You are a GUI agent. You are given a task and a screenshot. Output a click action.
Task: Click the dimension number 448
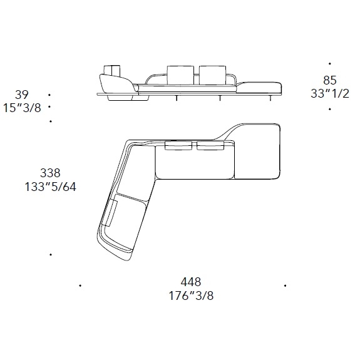click(191, 282)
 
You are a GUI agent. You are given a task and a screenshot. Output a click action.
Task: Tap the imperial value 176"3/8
click(191, 296)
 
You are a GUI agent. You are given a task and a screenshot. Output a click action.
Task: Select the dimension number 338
click(50, 173)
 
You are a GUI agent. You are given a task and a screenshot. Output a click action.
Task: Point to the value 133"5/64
click(50, 187)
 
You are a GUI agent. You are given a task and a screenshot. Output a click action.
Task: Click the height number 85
click(330, 80)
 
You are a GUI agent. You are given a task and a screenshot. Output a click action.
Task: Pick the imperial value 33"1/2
click(330, 94)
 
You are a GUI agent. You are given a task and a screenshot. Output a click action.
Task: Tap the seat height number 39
click(22, 95)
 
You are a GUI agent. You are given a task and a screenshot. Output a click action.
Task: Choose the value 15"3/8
click(23, 108)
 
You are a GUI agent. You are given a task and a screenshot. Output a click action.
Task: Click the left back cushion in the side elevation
click(180, 75)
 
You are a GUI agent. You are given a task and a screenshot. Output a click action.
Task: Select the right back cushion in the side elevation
click(213, 75)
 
